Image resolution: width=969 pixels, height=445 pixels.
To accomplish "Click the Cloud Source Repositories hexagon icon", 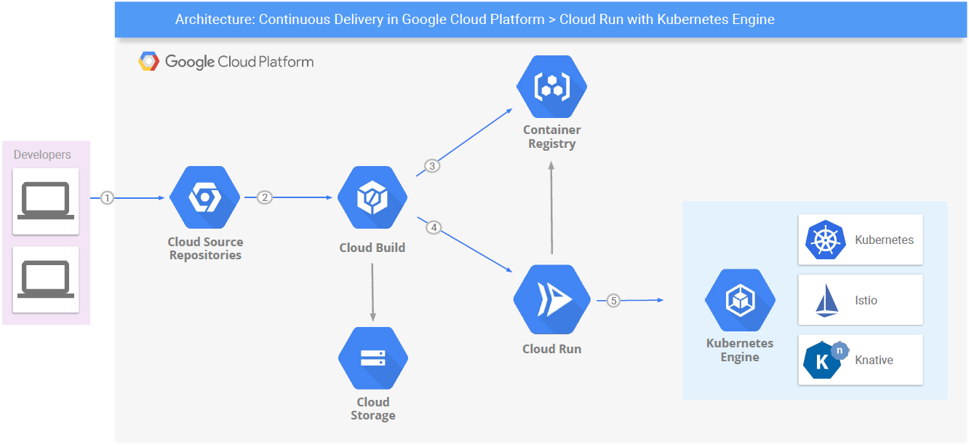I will (x=204, y=197).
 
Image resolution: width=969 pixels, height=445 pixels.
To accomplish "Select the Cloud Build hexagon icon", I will (x=372, y=197).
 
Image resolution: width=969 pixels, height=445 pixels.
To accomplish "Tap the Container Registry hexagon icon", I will (x=551, y=87).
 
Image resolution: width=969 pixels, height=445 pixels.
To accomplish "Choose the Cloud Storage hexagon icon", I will (x=372, y=358).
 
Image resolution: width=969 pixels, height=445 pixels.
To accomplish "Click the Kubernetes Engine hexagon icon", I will (x=740, y=300).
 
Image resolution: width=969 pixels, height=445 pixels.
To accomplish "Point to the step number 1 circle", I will (x=108, y=197).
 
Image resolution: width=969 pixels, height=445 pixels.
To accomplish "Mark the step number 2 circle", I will (x=265, y=197).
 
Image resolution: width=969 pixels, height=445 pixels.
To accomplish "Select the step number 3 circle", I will (x=432, y=166).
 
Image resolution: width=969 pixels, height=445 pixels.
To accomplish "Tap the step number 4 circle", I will (x=434, y=228).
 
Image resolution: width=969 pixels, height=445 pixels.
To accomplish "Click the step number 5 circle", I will (x=613, y=300).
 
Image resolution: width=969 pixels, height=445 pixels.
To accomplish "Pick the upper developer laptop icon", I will (x=45, y=200).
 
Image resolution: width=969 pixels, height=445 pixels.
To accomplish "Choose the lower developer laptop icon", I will (x=45, y=279).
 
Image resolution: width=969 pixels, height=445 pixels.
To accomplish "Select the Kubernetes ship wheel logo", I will (x=826, y=240).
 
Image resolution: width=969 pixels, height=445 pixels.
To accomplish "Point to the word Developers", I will (x=42, y=155).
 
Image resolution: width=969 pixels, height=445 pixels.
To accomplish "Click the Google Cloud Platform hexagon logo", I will (x=149, y=62).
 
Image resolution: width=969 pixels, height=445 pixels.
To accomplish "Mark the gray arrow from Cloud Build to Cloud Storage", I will (x=372, y=291).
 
